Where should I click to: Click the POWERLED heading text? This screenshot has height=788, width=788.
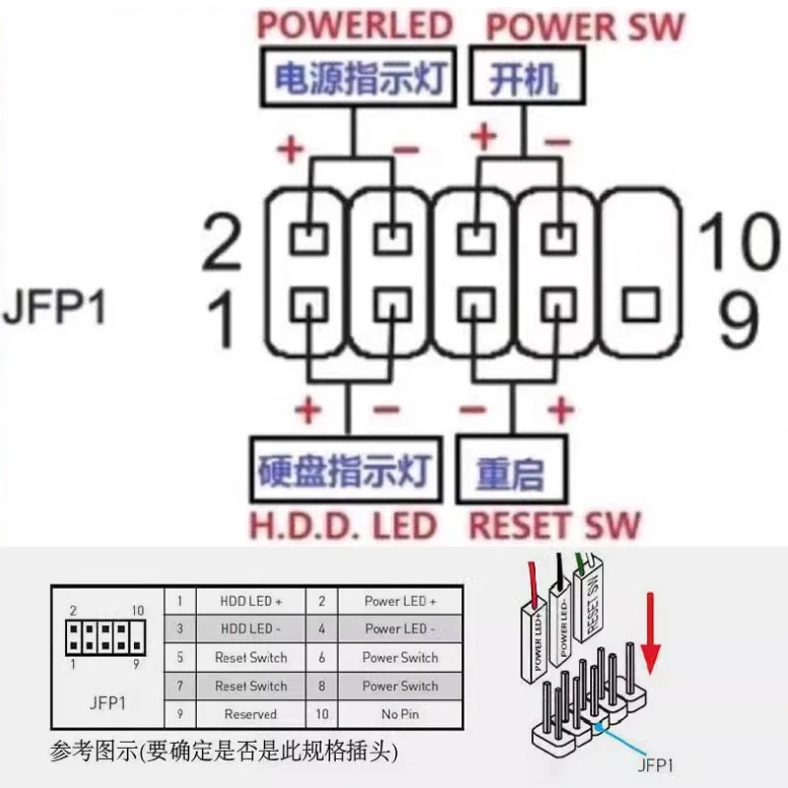coord(354,25)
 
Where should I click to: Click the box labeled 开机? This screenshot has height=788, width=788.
coord(522,79)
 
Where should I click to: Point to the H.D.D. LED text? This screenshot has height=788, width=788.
coord(343,525)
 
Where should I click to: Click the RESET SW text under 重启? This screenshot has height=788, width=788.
coord(554,525)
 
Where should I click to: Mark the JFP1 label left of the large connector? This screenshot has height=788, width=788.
coord(53,306)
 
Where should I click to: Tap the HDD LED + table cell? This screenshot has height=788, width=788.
coord(251,600)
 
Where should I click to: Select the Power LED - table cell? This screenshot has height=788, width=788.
coord(400,628)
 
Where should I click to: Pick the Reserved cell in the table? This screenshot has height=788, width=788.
coord(251,714)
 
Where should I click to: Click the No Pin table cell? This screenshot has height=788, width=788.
coord(400,714)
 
